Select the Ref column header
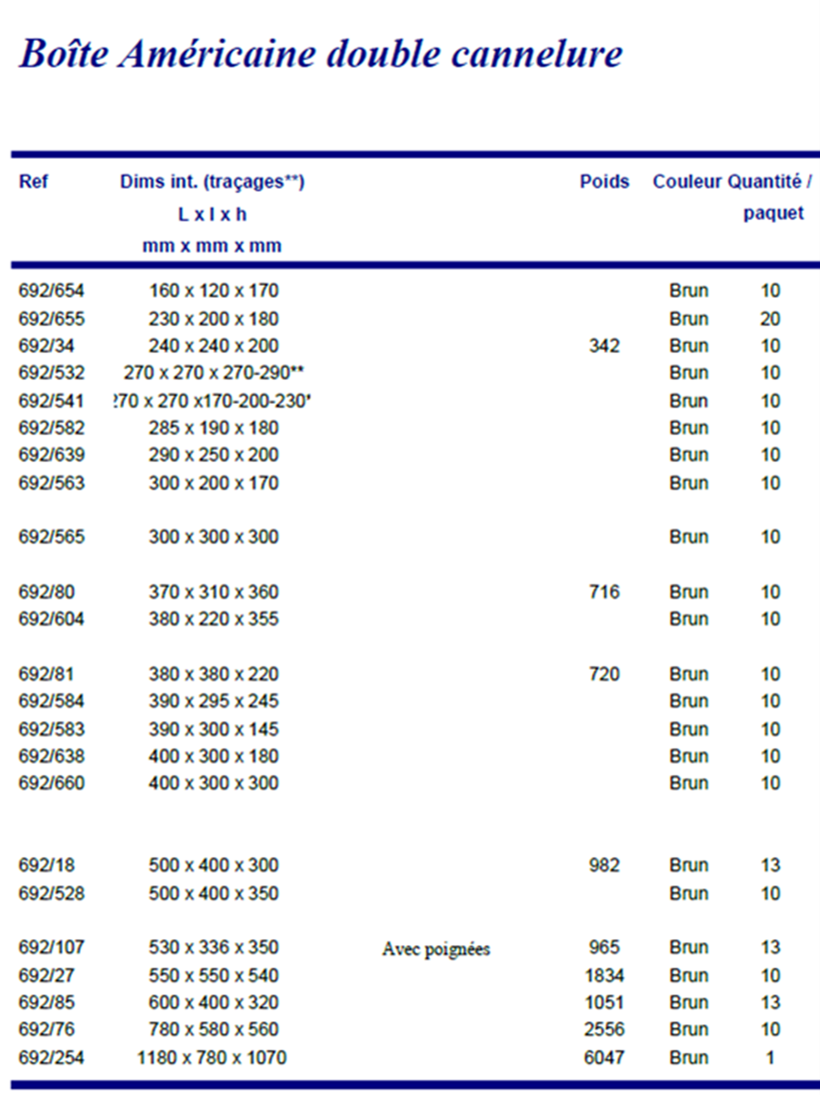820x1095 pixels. [x=33, y=182]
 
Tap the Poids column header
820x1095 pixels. [x=604, y=182]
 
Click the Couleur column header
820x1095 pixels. [x=687, y=182]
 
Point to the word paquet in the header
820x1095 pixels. [x=773, y=213]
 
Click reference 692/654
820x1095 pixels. [x=51, y=290]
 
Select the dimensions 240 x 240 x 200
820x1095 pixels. [x=214, y=345]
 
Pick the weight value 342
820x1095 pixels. [x=604, y=345]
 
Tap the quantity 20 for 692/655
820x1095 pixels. [x=770, y=319]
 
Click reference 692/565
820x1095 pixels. [x=51, y=537]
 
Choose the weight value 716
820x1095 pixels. [x=604, y=592]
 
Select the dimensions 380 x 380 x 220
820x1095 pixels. [x=214, y=674]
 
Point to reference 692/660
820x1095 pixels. [x=51, y=783]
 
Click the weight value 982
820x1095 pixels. [x=604, y=865]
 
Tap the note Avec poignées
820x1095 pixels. [x=436, y=949]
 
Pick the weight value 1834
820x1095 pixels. [x=604, y=975]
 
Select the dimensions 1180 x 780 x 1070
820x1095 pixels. [x=212, y=1057]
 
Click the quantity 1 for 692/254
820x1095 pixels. [x=770, y=1057]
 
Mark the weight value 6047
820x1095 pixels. [x=604, y=1057]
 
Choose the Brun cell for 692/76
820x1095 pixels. [x=689, y=1029]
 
